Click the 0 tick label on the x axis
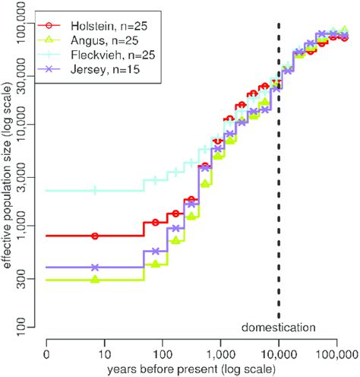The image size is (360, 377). pos(47,353)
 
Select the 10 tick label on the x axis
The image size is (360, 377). pos(105,353)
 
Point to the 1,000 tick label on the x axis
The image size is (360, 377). pos(220,353)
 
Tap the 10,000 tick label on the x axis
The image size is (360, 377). pos(278,353)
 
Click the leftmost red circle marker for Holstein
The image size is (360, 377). pos(95,236)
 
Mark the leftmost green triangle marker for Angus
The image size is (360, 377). pos(95,280)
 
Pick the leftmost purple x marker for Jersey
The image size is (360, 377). pos(95,268)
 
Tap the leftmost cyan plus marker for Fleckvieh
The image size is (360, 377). pos(95,190)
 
